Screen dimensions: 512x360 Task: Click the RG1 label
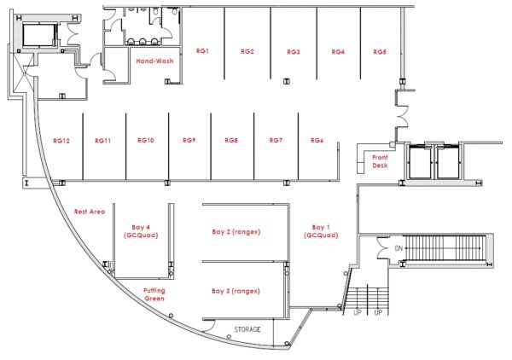pyautogui.click(x=202, y=51)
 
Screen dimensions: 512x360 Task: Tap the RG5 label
pyautogui.click(x=380, y=51)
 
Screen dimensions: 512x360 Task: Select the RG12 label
pyautogui.click(x=61, y=141)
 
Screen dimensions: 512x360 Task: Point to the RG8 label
pyautogui.click(x=231, y=141)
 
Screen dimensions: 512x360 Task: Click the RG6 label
pyautogui.click(x=317, y=141)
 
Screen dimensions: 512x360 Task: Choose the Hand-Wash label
pyautogui.click(x=154, y=61)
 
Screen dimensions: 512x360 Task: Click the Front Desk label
pyautogui.click(x=380, y=161)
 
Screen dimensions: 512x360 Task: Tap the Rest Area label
pyautogui.click(x=90, y=212)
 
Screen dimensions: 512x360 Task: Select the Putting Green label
pyautogui.click(x=154, y=294)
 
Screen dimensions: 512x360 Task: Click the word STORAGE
pyautogui.click(x=247, y=329)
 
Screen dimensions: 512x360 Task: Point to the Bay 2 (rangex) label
pyautogui.click(x=236, y=232)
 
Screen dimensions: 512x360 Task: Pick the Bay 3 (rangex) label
pyautogui.click(x=236, y=291)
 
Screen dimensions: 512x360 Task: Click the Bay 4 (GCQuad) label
pyautogui.click(x=141, y=231)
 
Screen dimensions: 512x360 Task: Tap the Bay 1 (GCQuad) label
pyautogui.click(x=321, y=231)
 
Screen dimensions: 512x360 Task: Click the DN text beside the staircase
pyautogui.click(x=399, y=248)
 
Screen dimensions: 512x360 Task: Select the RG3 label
pyautogui.click(x=294, y=51)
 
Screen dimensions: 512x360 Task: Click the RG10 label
pyautogui.click(x=146, y=141)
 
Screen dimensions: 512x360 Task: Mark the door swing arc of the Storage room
pyautogui.click(x=211, y=325)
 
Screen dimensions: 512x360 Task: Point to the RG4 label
pyautogui.click(x=338, y=51)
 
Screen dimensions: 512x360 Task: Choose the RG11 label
pyautogui.click(x=103, y=141)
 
